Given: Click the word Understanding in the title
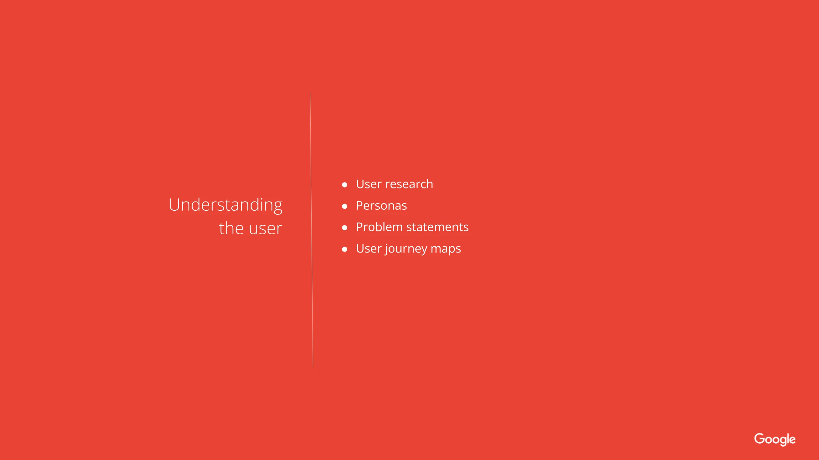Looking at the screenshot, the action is coord(226,205).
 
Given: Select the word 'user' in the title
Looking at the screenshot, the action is coord(265,229).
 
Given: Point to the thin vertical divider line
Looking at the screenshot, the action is coord(312,230).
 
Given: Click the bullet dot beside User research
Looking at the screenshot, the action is coord(345,185).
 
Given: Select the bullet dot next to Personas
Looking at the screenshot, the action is coord(345,206).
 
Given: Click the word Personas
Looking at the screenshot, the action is coord(381,206).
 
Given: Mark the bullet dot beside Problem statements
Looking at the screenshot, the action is coord(345,228).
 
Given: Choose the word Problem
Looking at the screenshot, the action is coord(379,227).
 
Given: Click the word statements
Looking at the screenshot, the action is coord(437,227).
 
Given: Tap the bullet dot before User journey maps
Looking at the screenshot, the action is coord(345,249).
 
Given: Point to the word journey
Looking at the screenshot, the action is coord(406,249).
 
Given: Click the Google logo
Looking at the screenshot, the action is coord(775,439).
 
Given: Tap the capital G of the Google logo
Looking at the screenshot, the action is coord(760,438).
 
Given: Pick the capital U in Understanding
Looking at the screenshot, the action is coord(175,205).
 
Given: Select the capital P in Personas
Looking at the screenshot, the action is coord(360,206).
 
